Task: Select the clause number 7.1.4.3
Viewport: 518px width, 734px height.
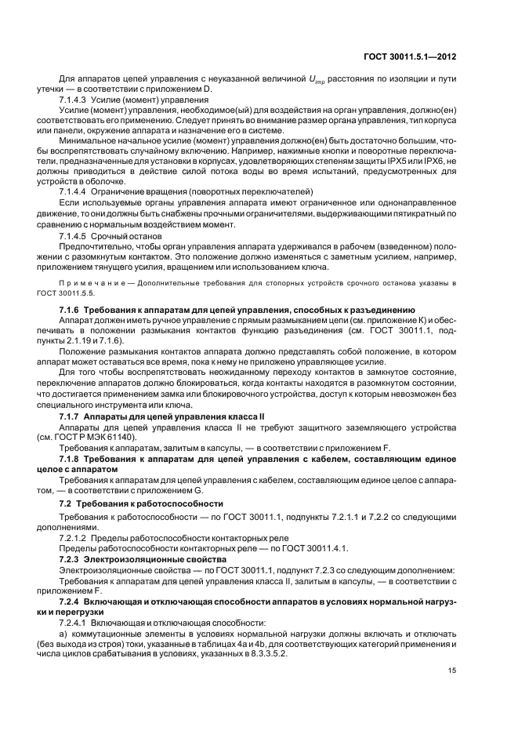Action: [75, 100]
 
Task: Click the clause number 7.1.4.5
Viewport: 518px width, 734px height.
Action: [75, 235]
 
